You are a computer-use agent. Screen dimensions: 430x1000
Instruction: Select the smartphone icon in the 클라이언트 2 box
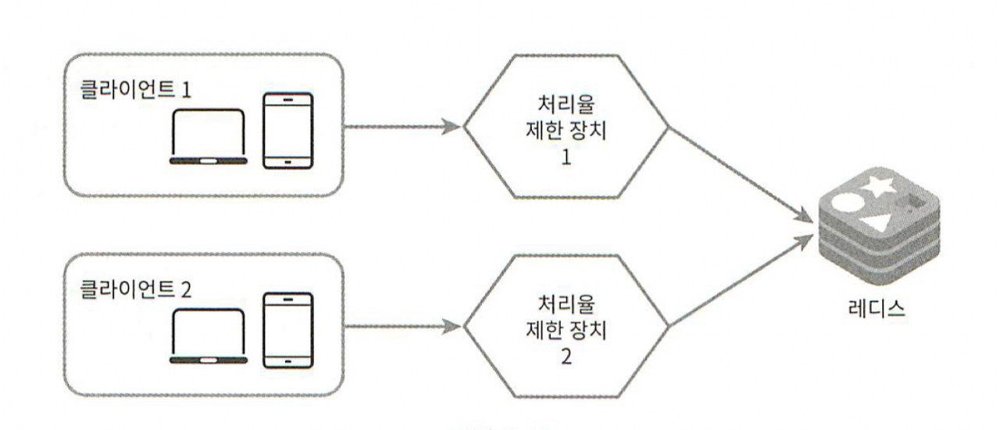pyautogui.click(x=287, y=330)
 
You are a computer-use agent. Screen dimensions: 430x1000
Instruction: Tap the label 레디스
pyautogui.click(x=877, y=307)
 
